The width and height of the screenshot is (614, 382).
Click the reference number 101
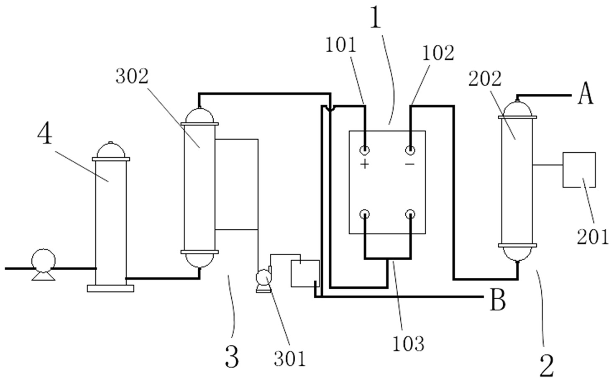[340, 45]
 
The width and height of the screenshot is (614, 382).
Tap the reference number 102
[438, 53]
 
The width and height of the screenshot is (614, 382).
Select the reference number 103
[408, 344]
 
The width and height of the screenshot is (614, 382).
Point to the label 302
[132, 77]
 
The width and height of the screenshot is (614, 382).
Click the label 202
[485, 79]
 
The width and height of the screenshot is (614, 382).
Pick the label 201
[593, 237]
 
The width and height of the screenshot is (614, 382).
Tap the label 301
[290, 359]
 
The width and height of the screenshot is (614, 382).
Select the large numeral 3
[232, 357]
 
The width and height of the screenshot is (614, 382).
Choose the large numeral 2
[547, 366]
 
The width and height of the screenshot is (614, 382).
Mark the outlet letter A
[585, 95]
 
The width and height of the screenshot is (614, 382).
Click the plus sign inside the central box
[365, 164]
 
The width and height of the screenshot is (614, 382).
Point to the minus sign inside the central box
[410, 164]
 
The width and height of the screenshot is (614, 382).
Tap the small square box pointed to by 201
[579, 169]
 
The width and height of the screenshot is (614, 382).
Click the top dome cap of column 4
[111, 150]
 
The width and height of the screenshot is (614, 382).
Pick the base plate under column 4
[111, 288]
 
